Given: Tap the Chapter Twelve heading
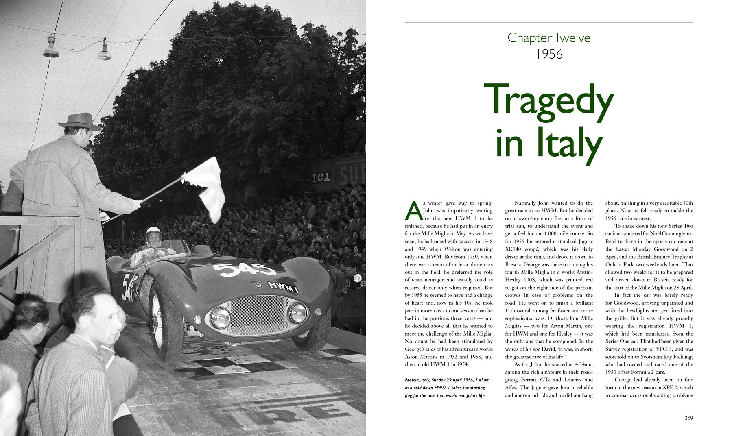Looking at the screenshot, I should tap(549, 38).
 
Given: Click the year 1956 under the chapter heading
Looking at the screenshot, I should tap(549, 54).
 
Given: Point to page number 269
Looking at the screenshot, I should tap(688, 418).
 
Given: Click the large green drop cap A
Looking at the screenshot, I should tap(413, 210).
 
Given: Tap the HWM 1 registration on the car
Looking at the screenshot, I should tap(283, 287).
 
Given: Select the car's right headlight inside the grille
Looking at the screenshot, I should tap(297, 312).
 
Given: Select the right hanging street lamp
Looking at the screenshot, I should tap(104, 51).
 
